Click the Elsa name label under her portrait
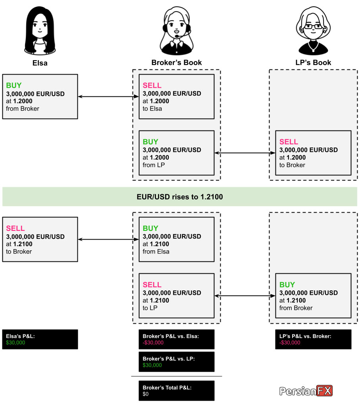click(x=40, y=63)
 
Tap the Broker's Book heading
click(x=177, y=63)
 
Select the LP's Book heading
click(x=313, y=63)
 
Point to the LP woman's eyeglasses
click(x=313, y=26)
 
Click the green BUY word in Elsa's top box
click(x=14, y=85)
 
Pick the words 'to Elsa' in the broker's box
click(x=152, y=109)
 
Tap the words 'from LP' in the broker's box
click(x=154, y=165)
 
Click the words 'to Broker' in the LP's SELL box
click(x=292, y=165)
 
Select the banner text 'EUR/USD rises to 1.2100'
click(x=180, y=197)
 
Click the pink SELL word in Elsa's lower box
click(x=15, y=228)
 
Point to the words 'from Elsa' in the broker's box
click(x=156, y=251)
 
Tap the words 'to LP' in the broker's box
click(x=150, y=308)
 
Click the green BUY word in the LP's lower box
click(x=287, y=285)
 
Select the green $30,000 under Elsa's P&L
click(x=15, y=343)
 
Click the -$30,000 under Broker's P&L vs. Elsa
click(x=153, y=343)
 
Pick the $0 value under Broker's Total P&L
click(x=145, y=394)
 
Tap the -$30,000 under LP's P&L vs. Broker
click(x=290, y=343)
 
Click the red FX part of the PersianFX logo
click(x=324, y=391)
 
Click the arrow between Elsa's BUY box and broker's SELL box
click(x=108, y=96)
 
